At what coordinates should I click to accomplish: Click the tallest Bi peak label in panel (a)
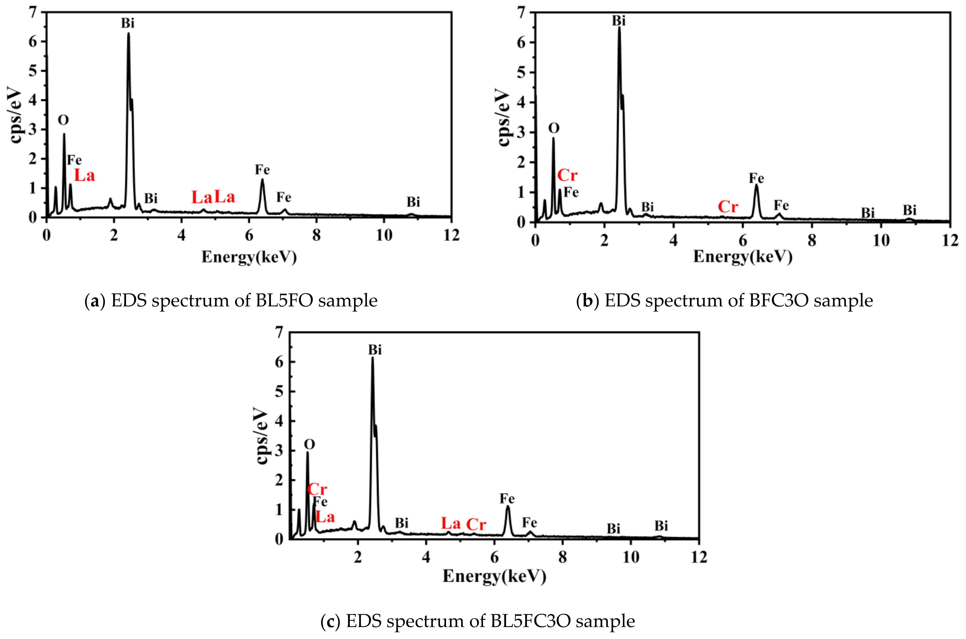pyautogui.click(x=127, y=23)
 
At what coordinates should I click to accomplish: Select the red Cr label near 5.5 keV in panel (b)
pyautogui.click(x=728, y=207)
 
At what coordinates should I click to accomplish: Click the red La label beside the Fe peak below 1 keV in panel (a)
pyautogui.click(x=84, y=176)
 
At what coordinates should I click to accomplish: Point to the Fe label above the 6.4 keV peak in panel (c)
pyautogui.click(x=507, y=499)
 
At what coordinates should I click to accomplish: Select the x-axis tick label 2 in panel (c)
pyautogui.click(x=358, y=557)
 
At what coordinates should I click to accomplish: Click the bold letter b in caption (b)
pyautogui.click(x=588, y=301)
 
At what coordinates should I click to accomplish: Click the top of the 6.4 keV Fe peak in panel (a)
pyautogui.click(x=262, y=179)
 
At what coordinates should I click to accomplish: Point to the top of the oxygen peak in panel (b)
pyautogui.click(x=553, y=138)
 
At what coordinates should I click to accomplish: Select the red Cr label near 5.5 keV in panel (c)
pyautogui.click(x=476, y=524)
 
